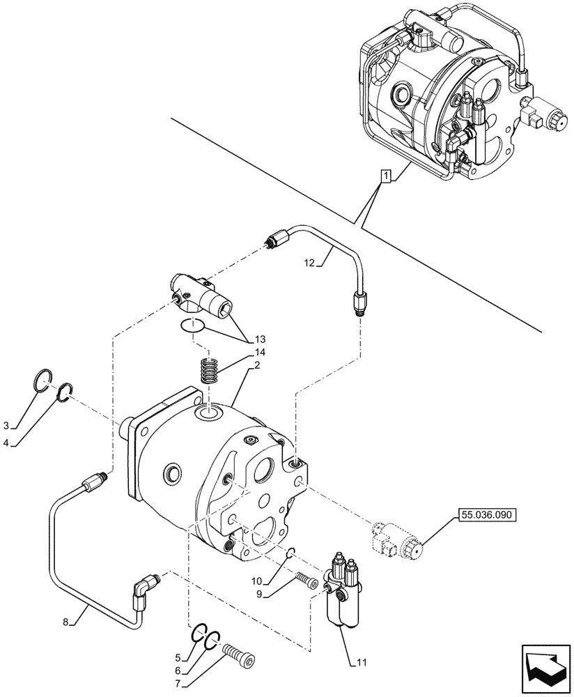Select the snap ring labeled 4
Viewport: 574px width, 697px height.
pos(65,392)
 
